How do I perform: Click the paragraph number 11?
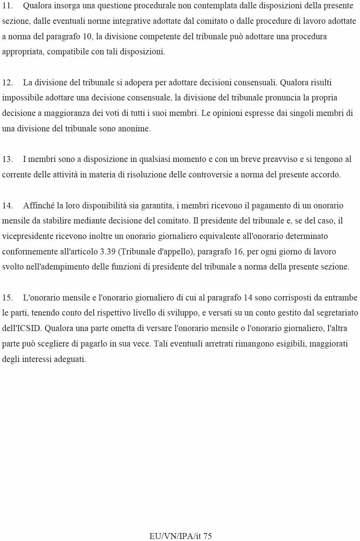(8, 6)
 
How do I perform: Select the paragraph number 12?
(8, 83)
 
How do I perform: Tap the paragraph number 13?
(8, 160)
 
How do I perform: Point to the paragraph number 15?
(8, 298)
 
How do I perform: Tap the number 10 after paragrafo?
(87, 37)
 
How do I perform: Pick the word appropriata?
(23, 52)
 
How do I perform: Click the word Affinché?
(39, 206)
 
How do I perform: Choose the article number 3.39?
(108, 252)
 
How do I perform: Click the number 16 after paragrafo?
(239, 252)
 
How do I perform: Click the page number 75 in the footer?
(207, 536)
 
